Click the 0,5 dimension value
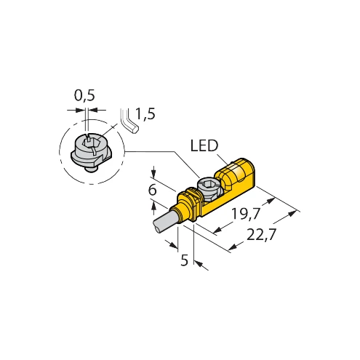tap(84, 96)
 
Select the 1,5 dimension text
tap(145, 114)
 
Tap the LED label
tap(204, 146)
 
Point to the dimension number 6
tap(152, 190)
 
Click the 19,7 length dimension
tap(246, 214)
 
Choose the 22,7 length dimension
tap(261, 235)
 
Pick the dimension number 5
tap(184, 260)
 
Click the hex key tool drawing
tap(129, 121)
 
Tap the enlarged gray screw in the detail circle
tap(91, 153)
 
